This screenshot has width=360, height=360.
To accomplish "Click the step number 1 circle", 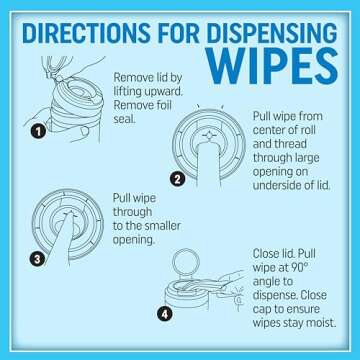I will pyautogui.click(x=36, y=130).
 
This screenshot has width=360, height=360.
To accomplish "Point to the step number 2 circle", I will pyautogui.click(x=176, y=180).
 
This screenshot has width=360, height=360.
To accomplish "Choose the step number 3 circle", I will pyautogui.click(x=36, y=259).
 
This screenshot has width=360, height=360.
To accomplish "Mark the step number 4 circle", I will pyautogui.click(x=166, y=314).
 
